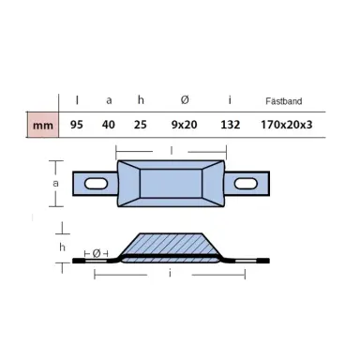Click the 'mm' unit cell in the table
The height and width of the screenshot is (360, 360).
pyautogui.click(x=42, y=123)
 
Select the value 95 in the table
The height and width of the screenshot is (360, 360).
pyautogui.click(x=77, y=123)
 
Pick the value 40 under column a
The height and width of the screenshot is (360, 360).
pyautogui.click(x=109, y=123)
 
